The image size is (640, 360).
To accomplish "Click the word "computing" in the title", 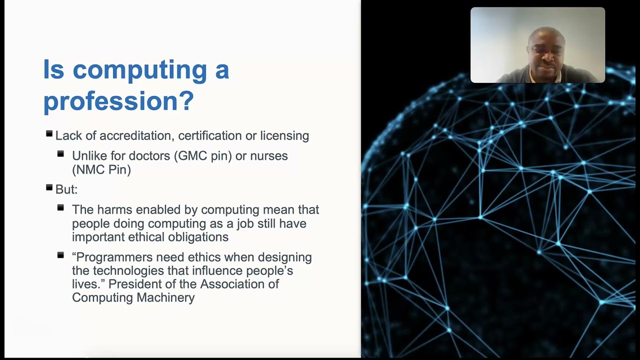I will (140, 70).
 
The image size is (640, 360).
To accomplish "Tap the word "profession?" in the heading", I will (118, 101).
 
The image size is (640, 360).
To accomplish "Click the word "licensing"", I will (284, 135).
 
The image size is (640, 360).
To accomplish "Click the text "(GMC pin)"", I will (203, 156).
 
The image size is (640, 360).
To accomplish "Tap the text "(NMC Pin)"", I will (101, 169).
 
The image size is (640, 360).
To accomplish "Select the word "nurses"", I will (269, 156).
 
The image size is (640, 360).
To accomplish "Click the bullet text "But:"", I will (66, 189).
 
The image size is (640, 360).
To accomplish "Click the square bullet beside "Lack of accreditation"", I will (49, 134).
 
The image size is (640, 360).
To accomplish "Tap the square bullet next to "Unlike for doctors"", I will (60, 154).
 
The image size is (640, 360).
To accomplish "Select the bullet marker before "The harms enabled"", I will (60, 207).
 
